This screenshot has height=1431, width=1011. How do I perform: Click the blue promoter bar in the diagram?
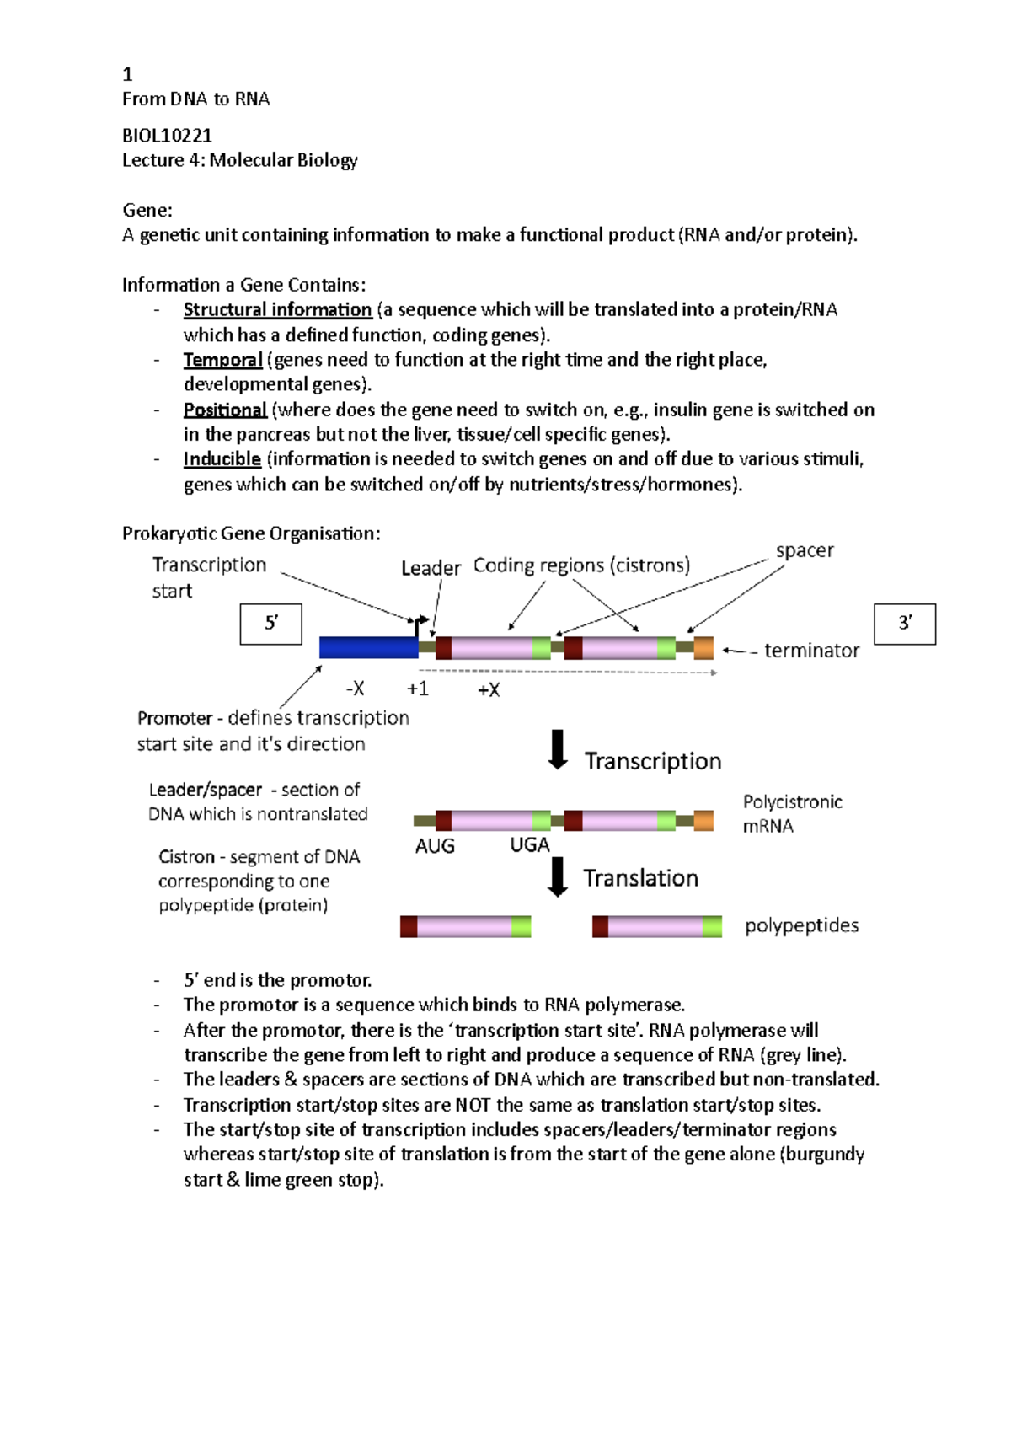pyautogui.click(x=368, y=647)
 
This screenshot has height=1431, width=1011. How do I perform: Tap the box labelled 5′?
pyautogui.click(x=271, y=624)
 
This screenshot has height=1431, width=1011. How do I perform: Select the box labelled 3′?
pyautogui.click(x=905, y=624)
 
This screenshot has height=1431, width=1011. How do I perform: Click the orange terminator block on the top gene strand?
pyautogui.click(x=703, y=648)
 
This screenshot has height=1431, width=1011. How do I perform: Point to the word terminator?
pyautogui.click(x=811, y=651)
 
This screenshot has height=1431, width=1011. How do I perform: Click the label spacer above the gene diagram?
pyautogui.click(x=805, y=550)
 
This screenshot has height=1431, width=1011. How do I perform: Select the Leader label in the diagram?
pyautogui.click(x=431, y=568)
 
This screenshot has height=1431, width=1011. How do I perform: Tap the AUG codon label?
pyautogui.click(x=435, y=846)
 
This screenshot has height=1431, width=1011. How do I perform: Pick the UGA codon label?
pyautogui.click(x=530, y=845)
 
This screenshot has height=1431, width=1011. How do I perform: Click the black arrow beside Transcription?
pyautogui.click(x=558, y=749)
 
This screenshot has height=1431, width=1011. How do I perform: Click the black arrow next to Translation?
pyautogui.click(x=558, y=876)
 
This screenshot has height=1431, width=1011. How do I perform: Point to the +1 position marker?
pyautogui.click(x=418, y=689)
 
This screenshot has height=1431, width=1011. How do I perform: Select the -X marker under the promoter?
pyautogui.click(x=356, y=689)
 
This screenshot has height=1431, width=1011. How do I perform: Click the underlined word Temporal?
pyautogui.click(x=223, y=360)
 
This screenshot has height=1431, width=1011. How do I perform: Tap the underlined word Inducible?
pyautogui.click(x=222, y=459)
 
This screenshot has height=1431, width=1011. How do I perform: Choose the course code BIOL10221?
pyautogui.click(x=167, y=136)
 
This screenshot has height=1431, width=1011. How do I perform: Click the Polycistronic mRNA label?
pyautogui.click(x=792, y=813)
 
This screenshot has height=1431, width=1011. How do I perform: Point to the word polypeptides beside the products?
pyautogui.click(x=801, y=925)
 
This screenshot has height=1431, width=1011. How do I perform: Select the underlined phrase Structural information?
pyautogui.click(x=277, y=310)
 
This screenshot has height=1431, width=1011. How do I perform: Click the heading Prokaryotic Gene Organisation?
pyautogui.click(x=251, y=533)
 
